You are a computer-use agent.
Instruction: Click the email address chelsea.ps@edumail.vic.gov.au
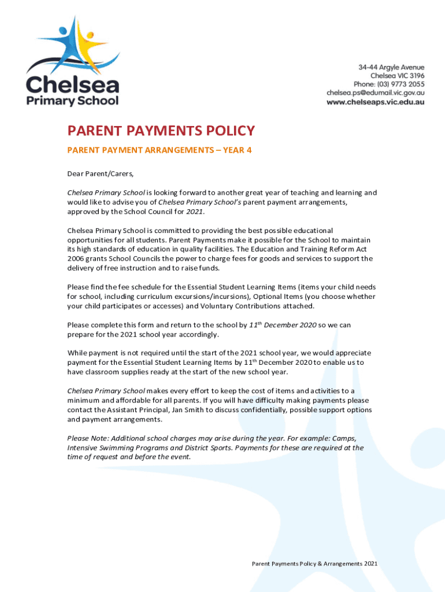click(x=376, y=92)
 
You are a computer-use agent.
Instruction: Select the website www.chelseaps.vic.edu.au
click(x=376, y=102)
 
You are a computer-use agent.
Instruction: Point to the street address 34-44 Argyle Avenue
click(x=391, y=67)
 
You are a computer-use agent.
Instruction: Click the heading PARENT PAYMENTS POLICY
click(x=161, y=131)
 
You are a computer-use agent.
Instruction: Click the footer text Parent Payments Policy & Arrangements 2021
click(x=314, y=563)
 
